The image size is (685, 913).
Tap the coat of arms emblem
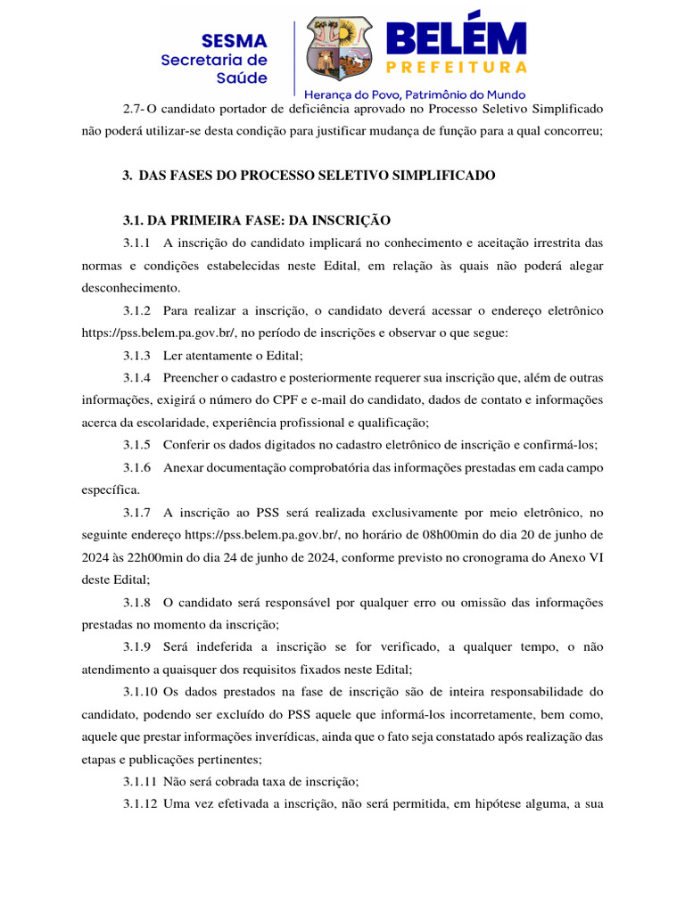[x=341, y=49]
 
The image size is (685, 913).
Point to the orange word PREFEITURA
[x=456, y=67]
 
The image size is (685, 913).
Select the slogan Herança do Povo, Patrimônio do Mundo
[x=415, y=94]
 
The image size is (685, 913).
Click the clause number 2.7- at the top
[x=134, y=109]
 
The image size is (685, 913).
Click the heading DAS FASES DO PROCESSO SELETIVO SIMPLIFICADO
[x=317, y=176]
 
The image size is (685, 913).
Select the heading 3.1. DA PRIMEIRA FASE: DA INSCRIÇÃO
[x=257, y=220]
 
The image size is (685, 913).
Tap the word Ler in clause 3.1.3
[x=173, y=355]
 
